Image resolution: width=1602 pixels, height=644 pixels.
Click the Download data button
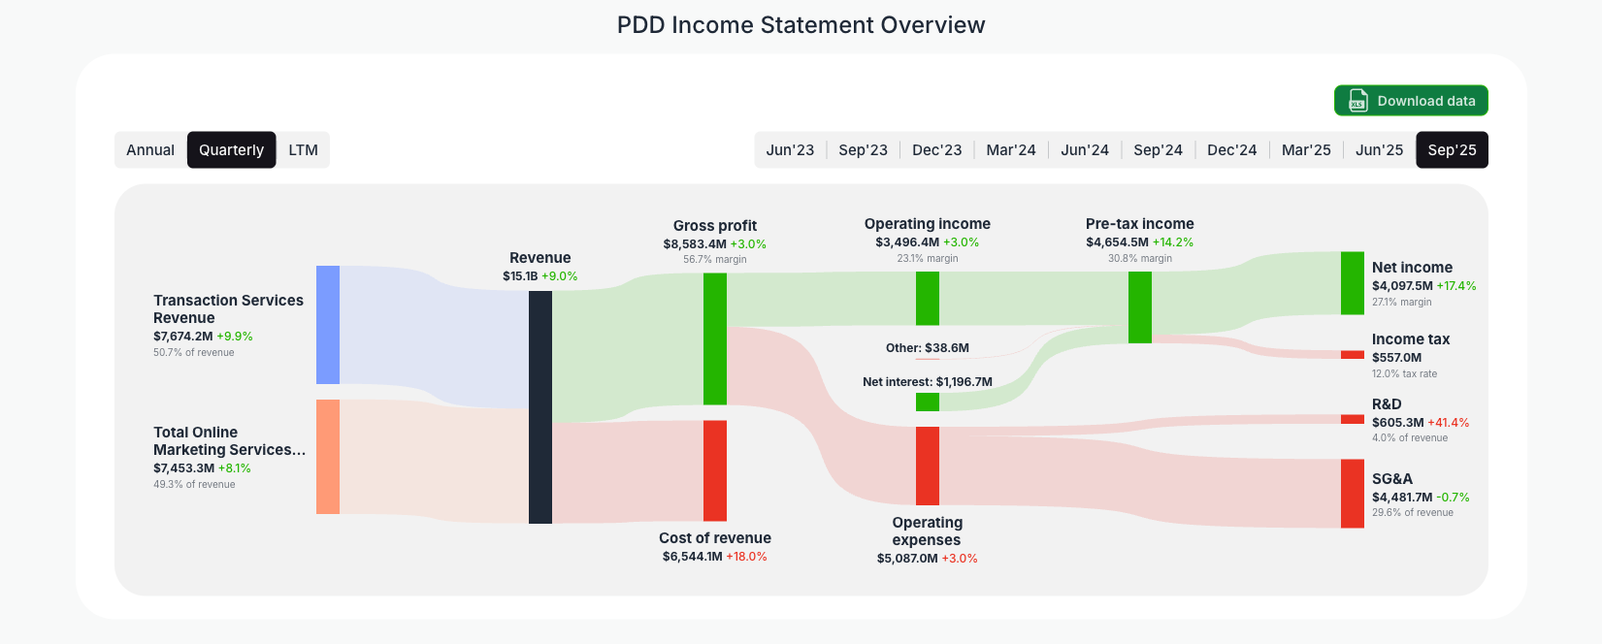click(1411, 101)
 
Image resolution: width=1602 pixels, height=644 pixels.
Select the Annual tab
click(150, 150)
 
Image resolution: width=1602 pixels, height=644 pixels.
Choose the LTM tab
click(303, 150)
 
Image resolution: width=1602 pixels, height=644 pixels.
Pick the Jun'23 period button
click(790, 150)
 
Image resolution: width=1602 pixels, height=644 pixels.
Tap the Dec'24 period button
click(1231, 150)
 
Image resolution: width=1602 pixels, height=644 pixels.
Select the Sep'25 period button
click(1452, 150)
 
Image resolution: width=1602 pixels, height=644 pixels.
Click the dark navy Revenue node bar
click(540, 407)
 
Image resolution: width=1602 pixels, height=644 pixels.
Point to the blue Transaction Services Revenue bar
click(328, 325)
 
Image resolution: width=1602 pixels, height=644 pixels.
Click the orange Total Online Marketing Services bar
click(328, 457)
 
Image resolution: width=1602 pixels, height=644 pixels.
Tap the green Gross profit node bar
click(715, 338)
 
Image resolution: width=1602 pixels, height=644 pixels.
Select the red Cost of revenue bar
click(715, 470)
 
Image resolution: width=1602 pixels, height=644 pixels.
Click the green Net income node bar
click(1352, 283)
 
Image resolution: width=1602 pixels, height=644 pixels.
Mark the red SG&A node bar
click(1352, 494)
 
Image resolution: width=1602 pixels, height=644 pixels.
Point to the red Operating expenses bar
click(928, 466)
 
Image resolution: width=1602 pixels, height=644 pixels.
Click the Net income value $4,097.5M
click(1402, 286)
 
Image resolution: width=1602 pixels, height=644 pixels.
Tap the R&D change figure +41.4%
click(1449, 423)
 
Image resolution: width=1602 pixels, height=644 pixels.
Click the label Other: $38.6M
click(928, 348)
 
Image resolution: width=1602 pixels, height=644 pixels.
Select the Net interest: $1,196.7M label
click(928, 382)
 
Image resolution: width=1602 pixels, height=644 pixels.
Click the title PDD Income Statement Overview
click(801, 25)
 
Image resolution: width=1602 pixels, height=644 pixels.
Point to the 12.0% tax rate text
click(1404, 373)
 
